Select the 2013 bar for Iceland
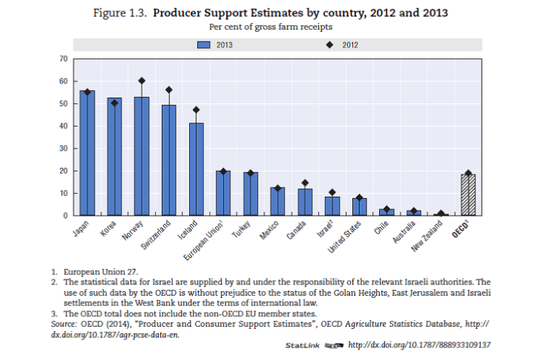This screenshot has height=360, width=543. click(196, 169)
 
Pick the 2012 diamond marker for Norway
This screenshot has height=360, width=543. click(142, 81)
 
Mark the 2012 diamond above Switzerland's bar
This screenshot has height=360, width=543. click(169, 89)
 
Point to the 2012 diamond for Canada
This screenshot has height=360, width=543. click(304, 183)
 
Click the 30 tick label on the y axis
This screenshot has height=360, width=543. click(63, 149)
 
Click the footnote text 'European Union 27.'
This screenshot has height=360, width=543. click(100, 272)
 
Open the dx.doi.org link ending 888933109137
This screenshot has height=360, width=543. click(419, 345)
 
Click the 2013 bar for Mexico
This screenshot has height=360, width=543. click(278, 201)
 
